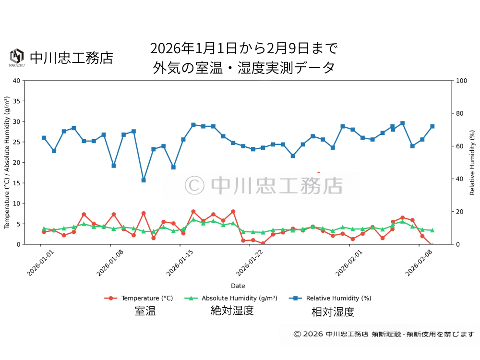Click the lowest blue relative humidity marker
pos(144,180)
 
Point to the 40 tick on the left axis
pos(17,81)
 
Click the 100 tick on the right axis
pos(461,81)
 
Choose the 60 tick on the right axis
pos(459,146)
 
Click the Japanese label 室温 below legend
pos(145,311)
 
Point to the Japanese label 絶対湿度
pos(232,311)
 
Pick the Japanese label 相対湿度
pos(333,312)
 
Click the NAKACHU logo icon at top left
pos(17,57)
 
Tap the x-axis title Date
pos(238,286)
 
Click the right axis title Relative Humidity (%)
pos(472,162)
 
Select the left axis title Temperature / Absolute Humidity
pos(7,162)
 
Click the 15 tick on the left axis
pos(17,183)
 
